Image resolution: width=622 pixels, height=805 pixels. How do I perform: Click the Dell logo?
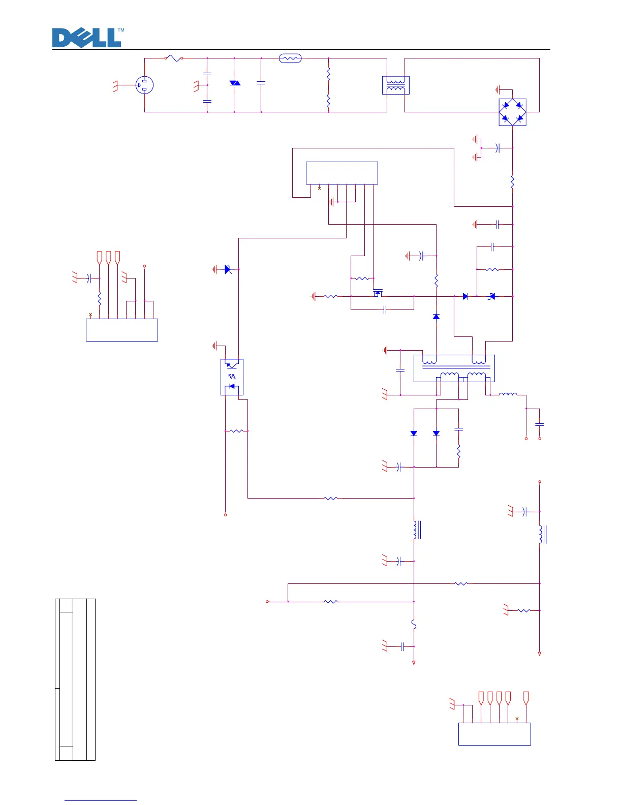tap(87, 38)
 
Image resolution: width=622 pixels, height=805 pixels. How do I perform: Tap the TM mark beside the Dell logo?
tap(121, 30)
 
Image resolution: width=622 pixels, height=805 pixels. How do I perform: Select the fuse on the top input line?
tap(174, 58)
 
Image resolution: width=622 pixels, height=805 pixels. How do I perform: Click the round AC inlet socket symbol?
tap(145, 85)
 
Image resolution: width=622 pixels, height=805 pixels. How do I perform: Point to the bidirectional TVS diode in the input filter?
tap(235, 83)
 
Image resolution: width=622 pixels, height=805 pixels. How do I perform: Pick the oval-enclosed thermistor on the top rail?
tap(290, 58)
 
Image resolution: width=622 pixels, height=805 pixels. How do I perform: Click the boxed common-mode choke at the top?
tap(395, 85)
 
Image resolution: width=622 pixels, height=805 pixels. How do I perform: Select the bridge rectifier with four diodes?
tap(512, 112)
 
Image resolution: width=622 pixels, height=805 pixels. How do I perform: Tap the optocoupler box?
tap(232, 377)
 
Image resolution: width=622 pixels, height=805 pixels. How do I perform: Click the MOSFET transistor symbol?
tap(378, 294)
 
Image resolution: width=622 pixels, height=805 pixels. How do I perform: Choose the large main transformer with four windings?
tap(454, 368)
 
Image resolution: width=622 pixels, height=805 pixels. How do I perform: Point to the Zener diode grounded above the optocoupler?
tap(228, 269)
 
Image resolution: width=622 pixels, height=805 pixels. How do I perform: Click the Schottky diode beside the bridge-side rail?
tap(491, 296)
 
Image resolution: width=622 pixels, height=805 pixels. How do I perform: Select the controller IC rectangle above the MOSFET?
tap(341, 173)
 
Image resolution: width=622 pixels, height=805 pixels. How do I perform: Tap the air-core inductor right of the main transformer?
tap(508, 394)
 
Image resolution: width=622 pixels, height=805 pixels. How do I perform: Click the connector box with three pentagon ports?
tap(122, 330)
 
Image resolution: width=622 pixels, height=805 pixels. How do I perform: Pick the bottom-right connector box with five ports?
tap(494, 734)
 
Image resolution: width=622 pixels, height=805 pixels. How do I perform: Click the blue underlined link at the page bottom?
tap(101, 800)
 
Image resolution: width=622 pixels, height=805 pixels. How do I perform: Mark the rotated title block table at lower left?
tap(75, 679)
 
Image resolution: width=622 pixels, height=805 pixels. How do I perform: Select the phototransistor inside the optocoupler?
tap(232, 365)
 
